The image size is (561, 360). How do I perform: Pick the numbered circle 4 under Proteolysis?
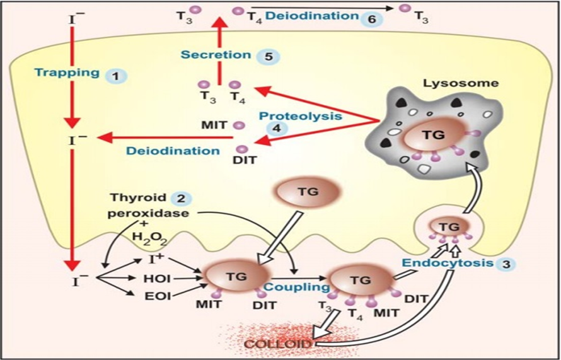[275, 127]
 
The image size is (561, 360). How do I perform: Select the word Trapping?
[66, 73]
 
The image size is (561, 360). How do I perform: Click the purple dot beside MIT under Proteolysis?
[239, 126]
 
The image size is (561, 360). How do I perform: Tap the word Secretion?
[216, 55]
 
